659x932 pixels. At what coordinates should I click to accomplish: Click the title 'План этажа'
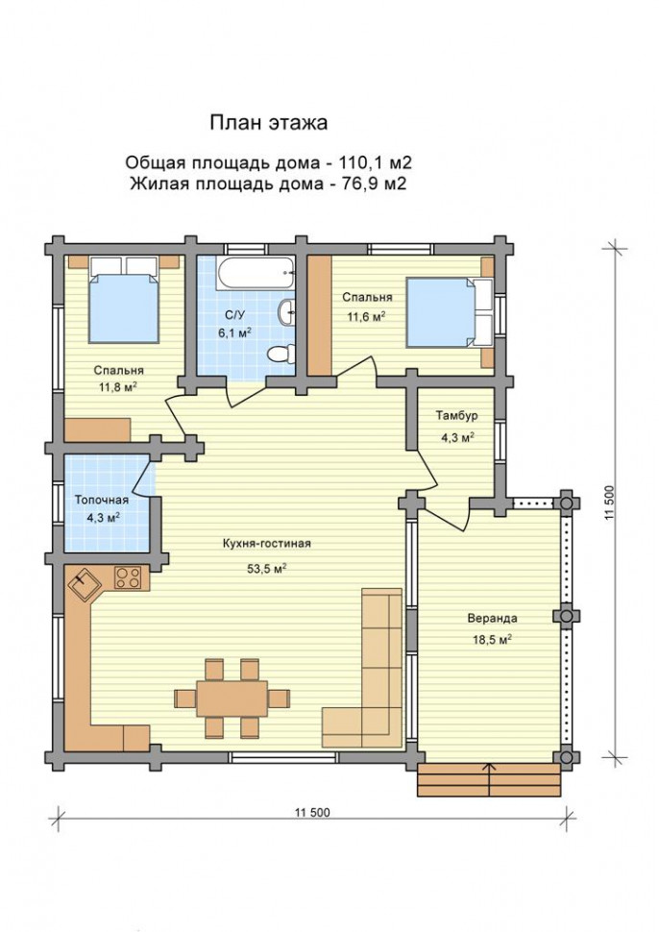coord(269,123)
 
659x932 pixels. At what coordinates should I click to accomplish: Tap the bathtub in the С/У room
coord(256,274)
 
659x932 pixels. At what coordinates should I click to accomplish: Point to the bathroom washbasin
coord(287,311)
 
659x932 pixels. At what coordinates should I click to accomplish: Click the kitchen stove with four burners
coord(128,576)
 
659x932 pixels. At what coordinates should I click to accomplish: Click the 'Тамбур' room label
coord(456,415)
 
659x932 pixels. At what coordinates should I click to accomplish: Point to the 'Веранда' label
coord(492,618)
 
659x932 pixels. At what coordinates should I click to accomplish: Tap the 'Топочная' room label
coord(102,500)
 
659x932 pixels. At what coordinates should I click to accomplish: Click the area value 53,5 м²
coord(267,568)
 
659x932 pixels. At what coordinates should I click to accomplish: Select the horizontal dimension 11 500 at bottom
coord(311,813)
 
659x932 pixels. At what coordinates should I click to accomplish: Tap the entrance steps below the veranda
coord(489,780)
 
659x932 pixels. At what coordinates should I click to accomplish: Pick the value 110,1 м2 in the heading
coord(376,162)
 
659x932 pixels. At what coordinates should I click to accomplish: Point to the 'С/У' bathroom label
coord(234,315)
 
